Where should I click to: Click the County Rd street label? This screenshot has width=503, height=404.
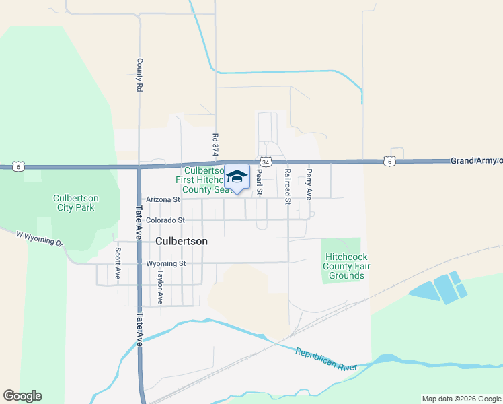139,75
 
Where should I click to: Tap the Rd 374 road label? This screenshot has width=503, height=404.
215,145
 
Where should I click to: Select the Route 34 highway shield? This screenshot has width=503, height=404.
266,162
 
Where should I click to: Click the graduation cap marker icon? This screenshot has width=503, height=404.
236,177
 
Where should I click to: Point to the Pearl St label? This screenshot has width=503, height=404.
260,182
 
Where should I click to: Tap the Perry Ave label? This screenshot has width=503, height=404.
309,184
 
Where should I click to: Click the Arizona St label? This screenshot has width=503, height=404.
163,200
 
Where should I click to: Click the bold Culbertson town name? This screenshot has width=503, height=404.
182,240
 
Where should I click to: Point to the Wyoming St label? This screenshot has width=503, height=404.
165,263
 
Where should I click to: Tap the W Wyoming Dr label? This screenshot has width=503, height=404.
40,238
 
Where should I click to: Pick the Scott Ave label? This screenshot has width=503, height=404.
117,264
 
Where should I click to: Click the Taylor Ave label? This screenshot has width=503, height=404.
160,287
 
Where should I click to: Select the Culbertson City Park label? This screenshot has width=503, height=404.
76,203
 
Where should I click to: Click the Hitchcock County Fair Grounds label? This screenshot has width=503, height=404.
346,266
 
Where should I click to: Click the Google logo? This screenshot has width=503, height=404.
22,396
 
